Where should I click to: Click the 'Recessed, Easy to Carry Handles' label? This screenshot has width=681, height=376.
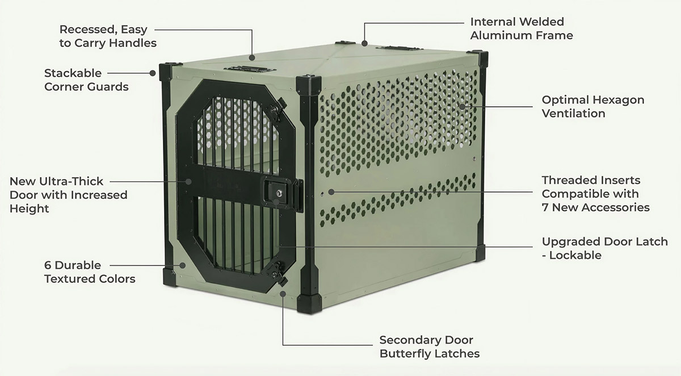click(108, 36)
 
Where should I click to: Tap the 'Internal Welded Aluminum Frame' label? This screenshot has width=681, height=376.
click(522, 28)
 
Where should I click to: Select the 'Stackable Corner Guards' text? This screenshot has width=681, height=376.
click(86, 80)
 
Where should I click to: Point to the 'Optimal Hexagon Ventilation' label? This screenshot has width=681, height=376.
click(593, 106)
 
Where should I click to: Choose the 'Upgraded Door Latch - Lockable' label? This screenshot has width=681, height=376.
click(605, 248)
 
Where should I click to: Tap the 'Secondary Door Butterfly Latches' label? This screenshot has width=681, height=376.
click(429, 347)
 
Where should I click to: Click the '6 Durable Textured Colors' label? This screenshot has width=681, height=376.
click(90, 272)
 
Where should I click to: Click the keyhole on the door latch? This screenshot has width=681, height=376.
click(279, 193)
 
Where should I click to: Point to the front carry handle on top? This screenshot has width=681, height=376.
click(250, 69)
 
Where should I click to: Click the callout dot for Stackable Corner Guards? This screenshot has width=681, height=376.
click(153, 73)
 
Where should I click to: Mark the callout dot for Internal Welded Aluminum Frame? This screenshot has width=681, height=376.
click(364, 44)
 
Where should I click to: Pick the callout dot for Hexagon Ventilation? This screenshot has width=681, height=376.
click(462, 107)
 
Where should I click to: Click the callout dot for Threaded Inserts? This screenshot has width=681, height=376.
click(331, 192)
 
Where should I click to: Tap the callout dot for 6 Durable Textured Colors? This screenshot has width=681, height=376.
click(182, 265)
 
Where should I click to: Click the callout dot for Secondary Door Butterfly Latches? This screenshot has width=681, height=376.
click(283, 294)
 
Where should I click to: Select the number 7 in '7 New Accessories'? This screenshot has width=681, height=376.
click(545, 207)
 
